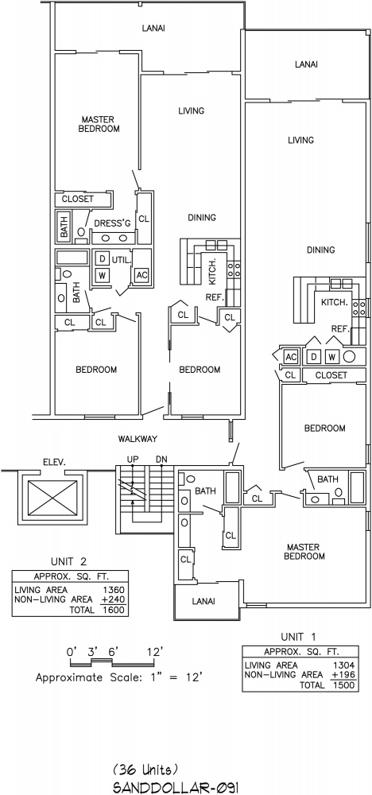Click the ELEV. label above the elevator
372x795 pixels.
pos(52,462)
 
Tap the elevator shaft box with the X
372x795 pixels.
pos(52,497)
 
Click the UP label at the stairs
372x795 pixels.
pos(133,459)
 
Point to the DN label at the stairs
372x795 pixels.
pos(161,459)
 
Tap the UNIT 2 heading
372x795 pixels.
pos(69,561)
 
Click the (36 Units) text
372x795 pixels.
pos(145,769)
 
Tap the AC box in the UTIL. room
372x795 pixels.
pos(141,275)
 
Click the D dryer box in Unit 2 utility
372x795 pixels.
pos(102,259)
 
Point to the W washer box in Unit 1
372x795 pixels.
pos(331,356)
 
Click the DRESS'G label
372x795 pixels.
pos(109,223)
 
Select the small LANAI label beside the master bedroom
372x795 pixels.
pos(203,601)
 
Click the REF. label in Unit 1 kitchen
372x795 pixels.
pos(340,329)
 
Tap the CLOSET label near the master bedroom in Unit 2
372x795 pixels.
pos(78,200)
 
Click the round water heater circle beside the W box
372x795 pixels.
pos(350,356)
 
